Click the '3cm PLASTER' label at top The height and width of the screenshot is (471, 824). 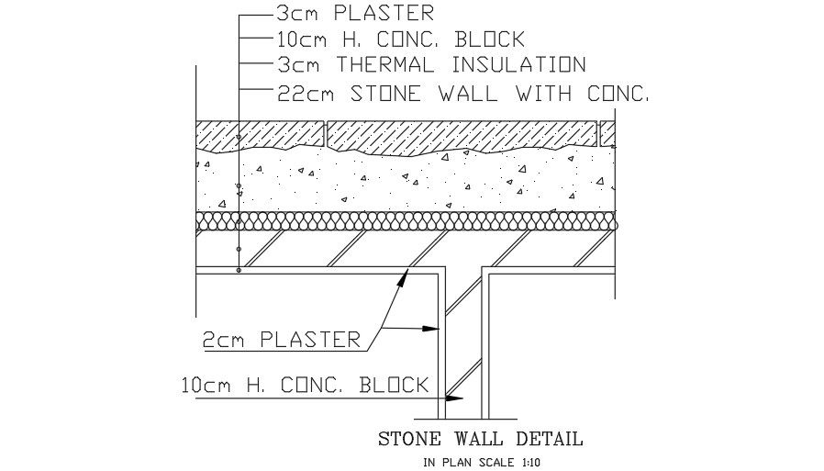(354, 14)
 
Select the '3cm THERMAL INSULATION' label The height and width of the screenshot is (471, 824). (429, 64)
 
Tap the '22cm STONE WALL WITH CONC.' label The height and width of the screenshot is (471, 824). (462, 92)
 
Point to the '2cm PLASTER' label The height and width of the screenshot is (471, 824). (282, 340)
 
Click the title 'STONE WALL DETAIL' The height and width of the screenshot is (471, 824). (480, 439)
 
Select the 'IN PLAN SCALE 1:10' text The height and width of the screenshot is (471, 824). (482, 462)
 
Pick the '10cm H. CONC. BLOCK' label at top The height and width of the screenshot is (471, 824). (399, 39)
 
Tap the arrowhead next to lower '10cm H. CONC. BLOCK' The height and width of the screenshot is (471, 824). (452, 398)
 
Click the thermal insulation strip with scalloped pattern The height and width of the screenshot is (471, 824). (404, 221)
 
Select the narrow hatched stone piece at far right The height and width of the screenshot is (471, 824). (607, 133)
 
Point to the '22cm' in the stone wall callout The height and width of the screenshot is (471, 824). (298, 92)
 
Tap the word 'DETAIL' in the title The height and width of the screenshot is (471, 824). (547, 439)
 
